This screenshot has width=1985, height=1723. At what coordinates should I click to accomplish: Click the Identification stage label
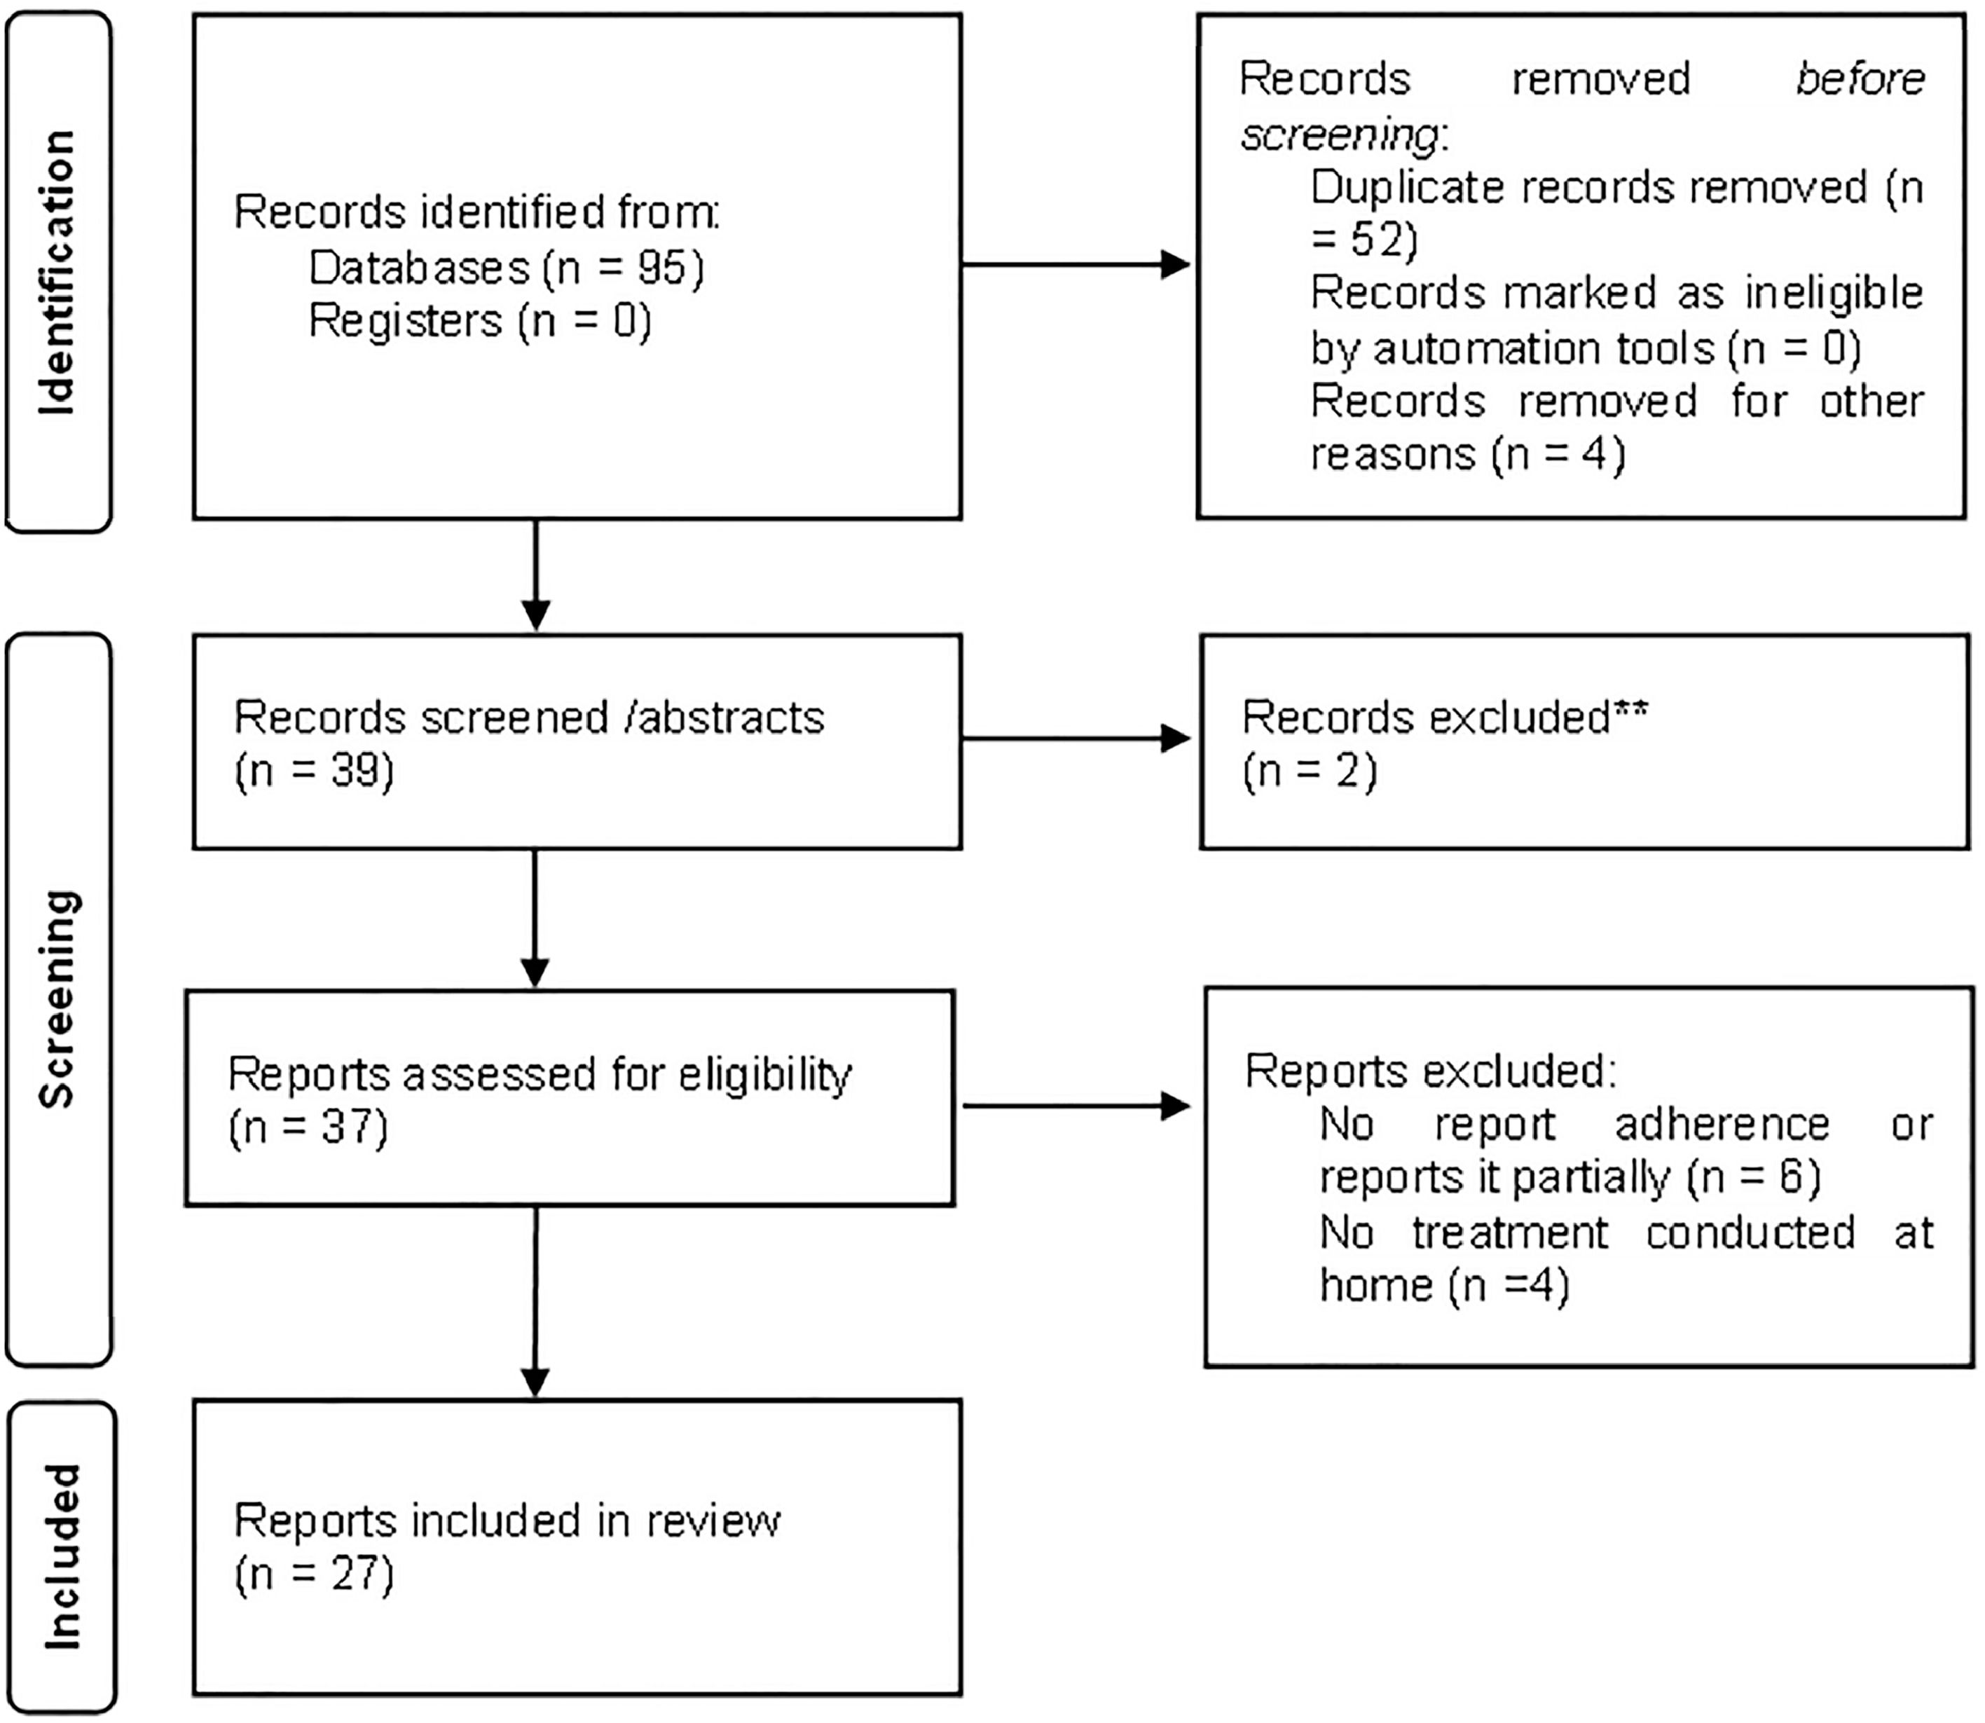(57, 272)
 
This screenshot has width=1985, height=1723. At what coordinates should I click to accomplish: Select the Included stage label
(62, 1557)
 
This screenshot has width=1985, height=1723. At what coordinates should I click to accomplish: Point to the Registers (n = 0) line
(479, 321)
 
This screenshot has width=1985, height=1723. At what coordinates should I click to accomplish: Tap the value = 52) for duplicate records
(1364, 240)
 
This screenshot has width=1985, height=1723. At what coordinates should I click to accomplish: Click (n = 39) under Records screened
(315, 771)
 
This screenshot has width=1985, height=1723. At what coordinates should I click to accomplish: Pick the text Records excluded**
(1444, 718)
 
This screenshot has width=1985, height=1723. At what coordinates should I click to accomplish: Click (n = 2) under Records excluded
(1310, 771)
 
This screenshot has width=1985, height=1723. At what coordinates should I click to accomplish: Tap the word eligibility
(764, 1074)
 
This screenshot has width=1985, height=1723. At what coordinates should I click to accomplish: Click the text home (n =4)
(1444, 1286)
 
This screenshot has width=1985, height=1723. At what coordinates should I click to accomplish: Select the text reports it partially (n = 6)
(1569, 1178)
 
